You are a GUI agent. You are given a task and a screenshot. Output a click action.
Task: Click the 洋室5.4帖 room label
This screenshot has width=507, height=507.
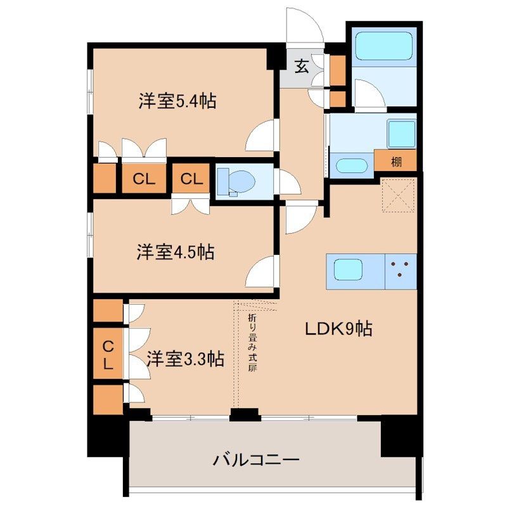[177, 101]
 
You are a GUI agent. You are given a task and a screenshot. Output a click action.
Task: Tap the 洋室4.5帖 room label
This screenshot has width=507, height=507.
[175, 253]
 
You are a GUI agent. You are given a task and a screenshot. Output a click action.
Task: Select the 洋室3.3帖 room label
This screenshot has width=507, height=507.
[184, 359]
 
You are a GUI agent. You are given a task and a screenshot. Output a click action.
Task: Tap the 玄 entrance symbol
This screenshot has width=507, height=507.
[302, 66]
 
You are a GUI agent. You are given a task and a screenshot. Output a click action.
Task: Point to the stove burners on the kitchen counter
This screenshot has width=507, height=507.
[401, 270]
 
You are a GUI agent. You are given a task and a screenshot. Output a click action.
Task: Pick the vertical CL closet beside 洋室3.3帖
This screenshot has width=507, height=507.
[109, 354]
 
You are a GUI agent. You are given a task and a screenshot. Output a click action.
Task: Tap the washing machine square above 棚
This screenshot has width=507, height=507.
[401, 132]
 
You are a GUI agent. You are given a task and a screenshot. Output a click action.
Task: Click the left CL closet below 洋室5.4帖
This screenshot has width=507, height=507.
[144, 179]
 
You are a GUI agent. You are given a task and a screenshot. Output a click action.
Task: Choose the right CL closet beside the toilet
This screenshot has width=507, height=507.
[191, 179]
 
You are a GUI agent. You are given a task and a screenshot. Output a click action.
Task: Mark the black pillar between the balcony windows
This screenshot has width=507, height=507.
[245, 415]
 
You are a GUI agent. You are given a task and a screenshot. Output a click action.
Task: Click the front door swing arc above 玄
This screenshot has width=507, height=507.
[304, 27]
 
